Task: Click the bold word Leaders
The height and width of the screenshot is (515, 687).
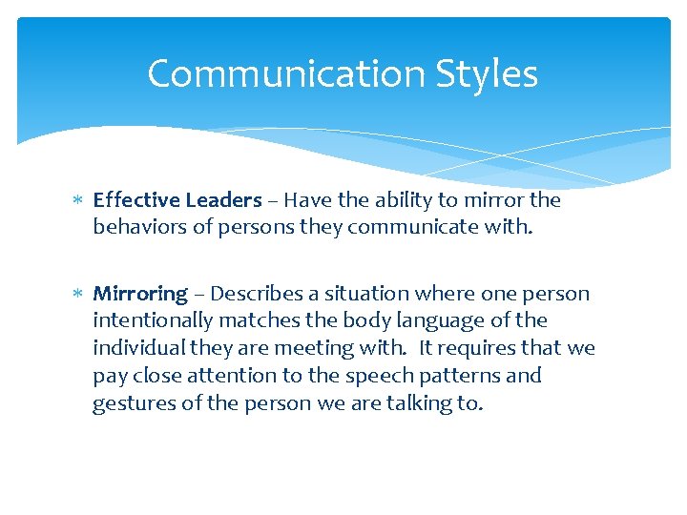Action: coord(222,200)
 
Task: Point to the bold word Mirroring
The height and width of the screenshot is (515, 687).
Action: coord(140,294)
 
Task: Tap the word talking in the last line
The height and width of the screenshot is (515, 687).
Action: coord(422,403)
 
